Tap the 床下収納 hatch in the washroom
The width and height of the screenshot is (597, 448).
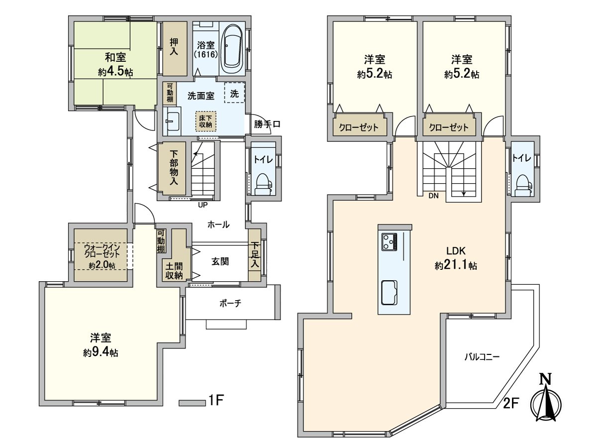(205, 121)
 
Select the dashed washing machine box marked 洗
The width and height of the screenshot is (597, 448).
(234, 93)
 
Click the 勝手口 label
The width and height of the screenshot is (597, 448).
(267, 124)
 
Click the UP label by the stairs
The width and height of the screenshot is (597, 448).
(203, 205)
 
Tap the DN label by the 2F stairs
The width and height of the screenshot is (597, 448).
(433, 196)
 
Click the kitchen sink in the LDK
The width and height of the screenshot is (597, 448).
(389, 293)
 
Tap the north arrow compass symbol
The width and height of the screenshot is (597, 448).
(546, 404)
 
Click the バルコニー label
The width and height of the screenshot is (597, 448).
(482, 356)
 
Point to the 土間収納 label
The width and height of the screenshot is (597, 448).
(174, 271)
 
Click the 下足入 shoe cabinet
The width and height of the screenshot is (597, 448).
(255, 255)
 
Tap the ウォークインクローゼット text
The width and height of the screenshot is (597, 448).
(101, 250)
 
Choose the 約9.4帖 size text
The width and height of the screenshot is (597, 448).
(100, 352)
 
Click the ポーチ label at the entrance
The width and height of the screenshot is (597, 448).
(230, 303)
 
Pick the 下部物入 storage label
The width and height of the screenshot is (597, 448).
(174, 168)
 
